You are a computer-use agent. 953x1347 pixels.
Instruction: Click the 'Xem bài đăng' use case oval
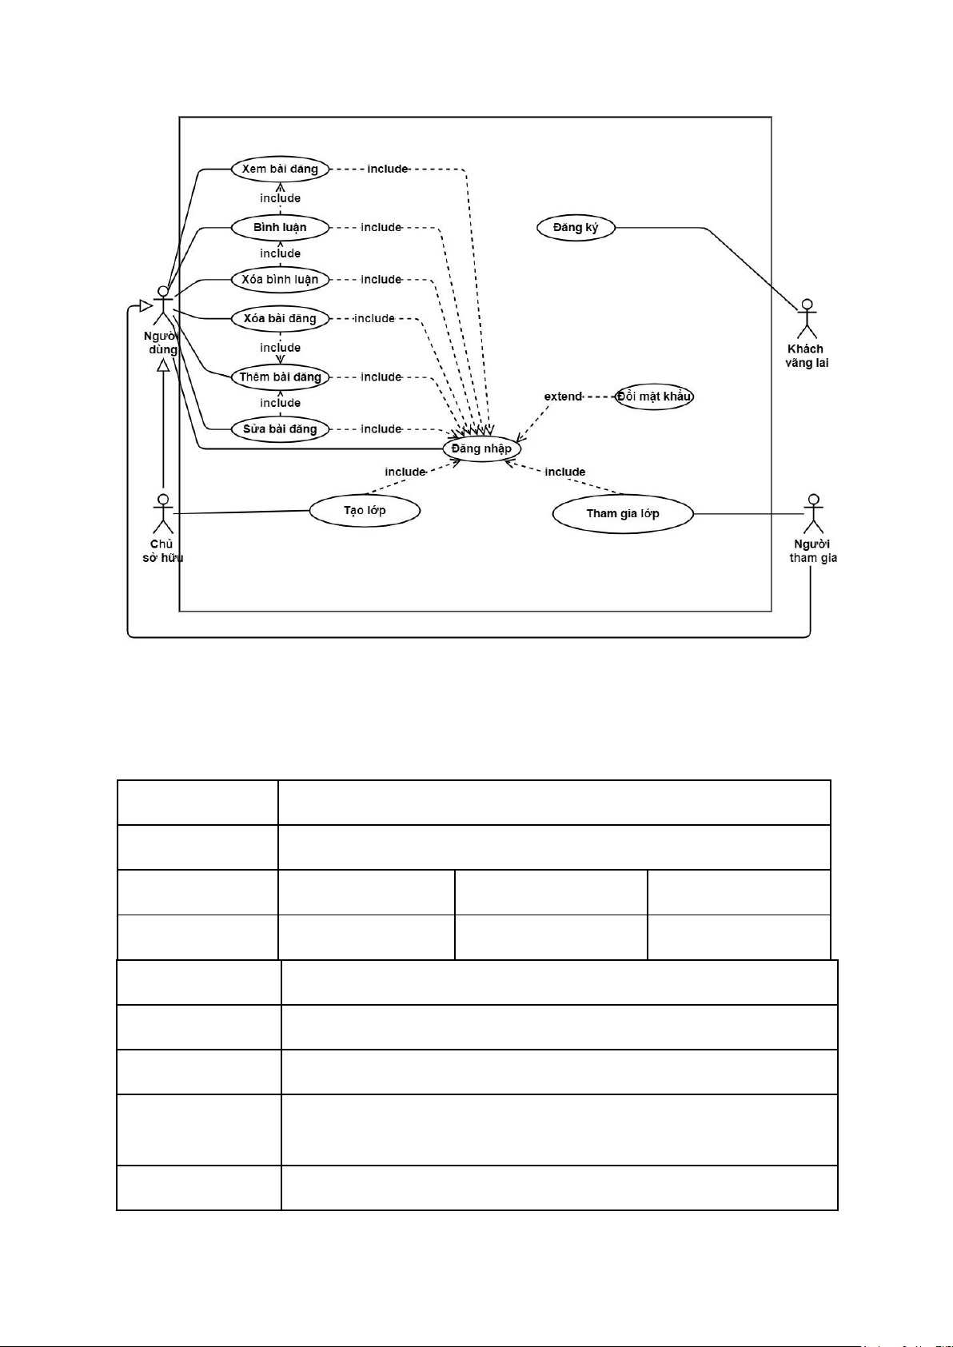click(280, 169)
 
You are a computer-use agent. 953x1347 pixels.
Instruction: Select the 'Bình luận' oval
click(280, 227)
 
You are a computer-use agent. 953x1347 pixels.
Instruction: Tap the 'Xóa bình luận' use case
click(280, 280)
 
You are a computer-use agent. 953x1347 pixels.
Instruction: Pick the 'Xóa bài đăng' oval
click(280, 319)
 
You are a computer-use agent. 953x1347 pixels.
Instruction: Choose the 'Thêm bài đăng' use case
click(280, 377)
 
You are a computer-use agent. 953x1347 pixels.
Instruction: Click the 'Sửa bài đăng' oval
click(280, 429)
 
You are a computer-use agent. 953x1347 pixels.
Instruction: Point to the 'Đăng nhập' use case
click(481, 448)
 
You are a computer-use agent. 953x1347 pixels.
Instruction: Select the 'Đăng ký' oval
click(576, 228)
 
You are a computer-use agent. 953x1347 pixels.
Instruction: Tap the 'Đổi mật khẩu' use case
click(654, 397)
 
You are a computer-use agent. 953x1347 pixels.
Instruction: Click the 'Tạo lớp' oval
click(365, 511)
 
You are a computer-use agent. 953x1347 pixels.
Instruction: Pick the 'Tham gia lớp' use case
click(623, 513)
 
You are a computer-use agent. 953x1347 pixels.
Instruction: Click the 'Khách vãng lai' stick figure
click(807, 319)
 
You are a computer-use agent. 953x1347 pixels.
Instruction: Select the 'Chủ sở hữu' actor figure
click(163, 514)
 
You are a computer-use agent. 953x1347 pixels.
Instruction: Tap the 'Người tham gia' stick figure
click(814, 514)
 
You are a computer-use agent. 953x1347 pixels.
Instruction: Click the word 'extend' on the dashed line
click(564, 397)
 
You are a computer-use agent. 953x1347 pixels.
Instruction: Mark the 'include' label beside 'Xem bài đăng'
click(388, 169)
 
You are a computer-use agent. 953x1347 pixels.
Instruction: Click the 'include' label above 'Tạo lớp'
click(405, 472)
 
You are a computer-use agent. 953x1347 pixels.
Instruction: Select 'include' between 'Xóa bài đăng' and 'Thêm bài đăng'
click(280, 348)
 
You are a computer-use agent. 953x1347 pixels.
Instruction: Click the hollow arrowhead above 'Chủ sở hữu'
click(163, 365)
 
